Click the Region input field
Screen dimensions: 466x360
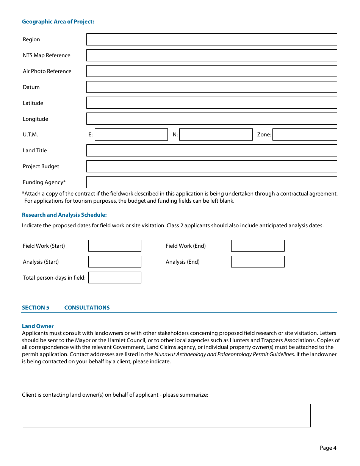tap(211, 39)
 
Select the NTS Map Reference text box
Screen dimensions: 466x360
tap(211, 55)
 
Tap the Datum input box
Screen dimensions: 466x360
tap(211, 87)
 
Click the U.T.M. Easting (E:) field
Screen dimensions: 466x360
tap(131, 134)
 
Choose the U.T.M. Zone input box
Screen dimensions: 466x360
tap(305, 134)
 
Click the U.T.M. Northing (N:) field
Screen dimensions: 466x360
tap(216, 134)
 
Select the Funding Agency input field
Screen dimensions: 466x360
tap(211, 182)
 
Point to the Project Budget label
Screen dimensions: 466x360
tap(41, 166)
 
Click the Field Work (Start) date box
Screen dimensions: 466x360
tap(115, 246)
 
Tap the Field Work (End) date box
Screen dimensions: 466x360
tap(258, 246)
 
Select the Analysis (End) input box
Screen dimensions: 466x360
tap(258, 262)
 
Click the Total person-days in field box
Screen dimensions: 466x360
tap(115, 278)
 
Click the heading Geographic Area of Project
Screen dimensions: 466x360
tap(58, 22)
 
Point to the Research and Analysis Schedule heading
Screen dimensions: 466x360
tap(64, 215)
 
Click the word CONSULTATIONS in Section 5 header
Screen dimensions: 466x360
tap(87, 308)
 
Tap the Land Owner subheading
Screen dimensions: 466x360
tap(38, 326)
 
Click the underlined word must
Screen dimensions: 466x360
tap(55, 333)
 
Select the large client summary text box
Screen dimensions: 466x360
tap(167, 416)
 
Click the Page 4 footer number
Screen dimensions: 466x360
tap(328, 448)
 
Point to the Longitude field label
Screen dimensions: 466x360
tap(35, 119)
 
